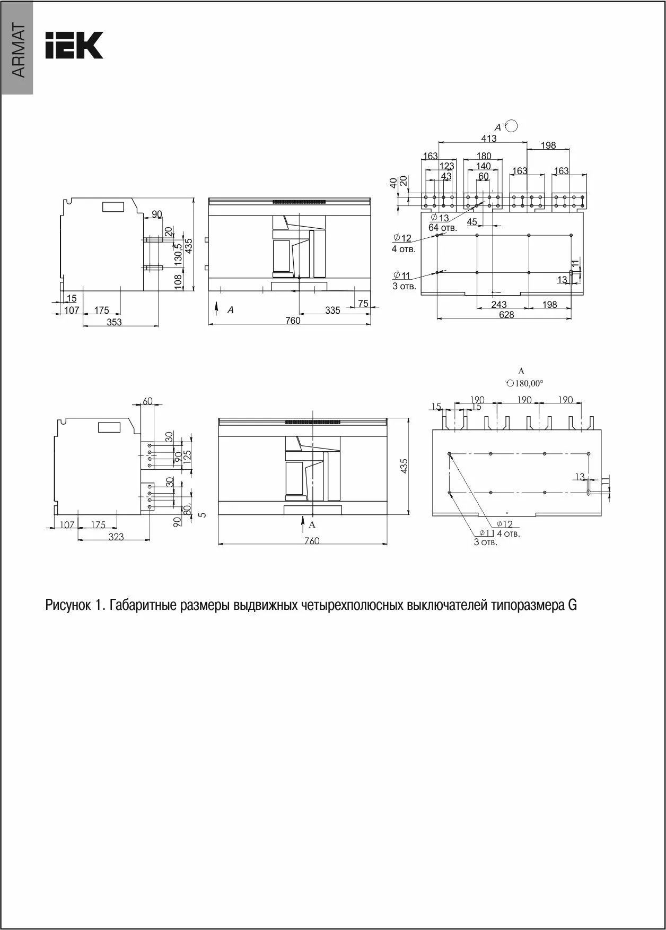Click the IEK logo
click(x=74, y=45)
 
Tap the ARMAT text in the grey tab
click(x=17, y=51)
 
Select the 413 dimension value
click(x=488, y=138)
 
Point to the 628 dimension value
click(x=506, y=315)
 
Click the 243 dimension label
click(x=498, y=305)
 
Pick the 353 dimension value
click(x=114, y=322)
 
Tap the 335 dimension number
click(x=332, y=310)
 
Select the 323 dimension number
click(x=116, y=537)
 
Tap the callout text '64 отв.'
click(x=442, y=228)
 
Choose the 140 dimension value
click(x=483, y=166)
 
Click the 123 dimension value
click(x=446, y=166)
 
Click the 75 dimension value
click(x=363, y=303)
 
